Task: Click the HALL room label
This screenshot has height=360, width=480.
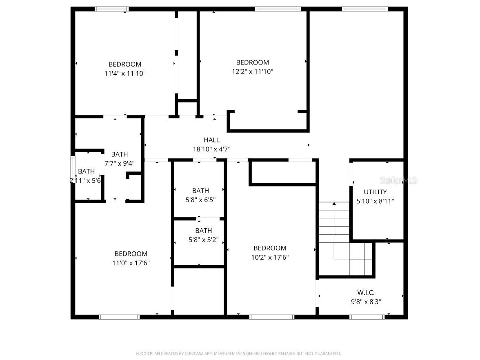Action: click(211, 140)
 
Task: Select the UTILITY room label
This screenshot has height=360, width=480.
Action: click(375, 192)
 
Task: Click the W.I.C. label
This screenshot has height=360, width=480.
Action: click(366, 293)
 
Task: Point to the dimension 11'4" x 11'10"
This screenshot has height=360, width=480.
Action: click(125, 73)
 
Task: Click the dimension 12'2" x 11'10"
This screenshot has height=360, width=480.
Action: click(252, 71)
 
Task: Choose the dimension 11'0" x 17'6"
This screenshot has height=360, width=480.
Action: click(131, 263)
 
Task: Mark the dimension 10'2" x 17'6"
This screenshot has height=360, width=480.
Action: click(270, 257)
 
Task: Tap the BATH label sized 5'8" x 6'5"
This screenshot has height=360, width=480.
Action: click(200, 191)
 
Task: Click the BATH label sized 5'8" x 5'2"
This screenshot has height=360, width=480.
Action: click(203, 231)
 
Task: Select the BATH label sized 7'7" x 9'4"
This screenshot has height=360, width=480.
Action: click(119, 154)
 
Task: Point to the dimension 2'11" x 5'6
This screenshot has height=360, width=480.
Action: click(85, 180)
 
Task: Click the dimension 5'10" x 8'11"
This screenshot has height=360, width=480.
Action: click(375, 201)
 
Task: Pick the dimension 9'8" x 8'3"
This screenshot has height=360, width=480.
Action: click(366, 302)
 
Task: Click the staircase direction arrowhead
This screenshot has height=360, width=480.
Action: click(334, 203)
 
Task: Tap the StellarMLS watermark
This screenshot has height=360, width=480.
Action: click(399, 180)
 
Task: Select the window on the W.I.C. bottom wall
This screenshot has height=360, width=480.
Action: click(367, 317)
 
